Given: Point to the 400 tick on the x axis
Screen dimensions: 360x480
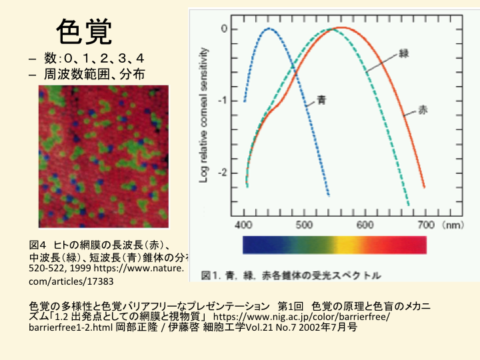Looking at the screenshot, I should coord(246,224).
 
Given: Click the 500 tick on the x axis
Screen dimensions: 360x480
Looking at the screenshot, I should coord(305,224).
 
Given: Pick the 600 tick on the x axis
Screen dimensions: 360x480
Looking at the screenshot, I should coord(365,224).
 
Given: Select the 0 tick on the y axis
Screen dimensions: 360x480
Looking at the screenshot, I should coord(225,29).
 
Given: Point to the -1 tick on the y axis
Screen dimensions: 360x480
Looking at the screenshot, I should coord(224,101).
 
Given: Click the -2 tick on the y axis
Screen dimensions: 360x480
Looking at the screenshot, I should coord(224,172).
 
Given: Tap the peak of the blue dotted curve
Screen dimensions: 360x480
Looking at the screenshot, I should coord(269,29).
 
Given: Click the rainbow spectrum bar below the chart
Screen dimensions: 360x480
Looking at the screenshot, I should coord(335,245).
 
